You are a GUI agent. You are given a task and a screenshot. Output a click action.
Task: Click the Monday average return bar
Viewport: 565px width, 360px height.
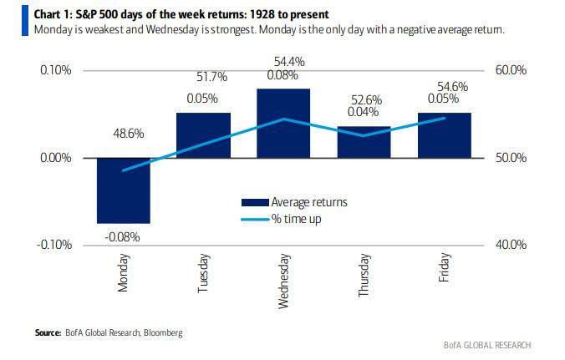tap(124, 190)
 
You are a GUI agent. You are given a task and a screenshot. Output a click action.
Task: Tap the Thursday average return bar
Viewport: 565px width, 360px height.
tap(364, 142)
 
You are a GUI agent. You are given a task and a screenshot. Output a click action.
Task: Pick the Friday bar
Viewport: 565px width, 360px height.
tap(444, 135)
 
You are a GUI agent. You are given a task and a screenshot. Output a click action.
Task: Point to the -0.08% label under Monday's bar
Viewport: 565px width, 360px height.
tap(123, 236)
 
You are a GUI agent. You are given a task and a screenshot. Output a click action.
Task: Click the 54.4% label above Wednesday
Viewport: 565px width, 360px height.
tap(284, 62)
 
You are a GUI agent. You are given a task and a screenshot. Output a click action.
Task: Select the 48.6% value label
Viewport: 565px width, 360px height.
tap(124, 133)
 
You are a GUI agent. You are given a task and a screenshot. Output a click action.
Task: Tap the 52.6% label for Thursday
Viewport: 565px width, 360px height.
tap(364, 100)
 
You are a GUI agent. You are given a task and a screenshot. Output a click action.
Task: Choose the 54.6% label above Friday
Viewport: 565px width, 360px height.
tap(445, 86)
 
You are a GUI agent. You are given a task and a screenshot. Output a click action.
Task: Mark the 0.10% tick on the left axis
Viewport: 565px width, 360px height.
tap(56, 70)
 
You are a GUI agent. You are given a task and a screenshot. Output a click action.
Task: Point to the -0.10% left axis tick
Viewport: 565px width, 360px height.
tap(54, 245)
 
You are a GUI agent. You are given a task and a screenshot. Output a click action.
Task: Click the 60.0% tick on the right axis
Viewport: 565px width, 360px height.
tap(511, 70)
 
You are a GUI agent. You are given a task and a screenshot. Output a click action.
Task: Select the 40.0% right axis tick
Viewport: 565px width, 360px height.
tap(511, 245)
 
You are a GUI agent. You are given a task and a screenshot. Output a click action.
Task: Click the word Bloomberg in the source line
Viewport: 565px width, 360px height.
tap(161, 332)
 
